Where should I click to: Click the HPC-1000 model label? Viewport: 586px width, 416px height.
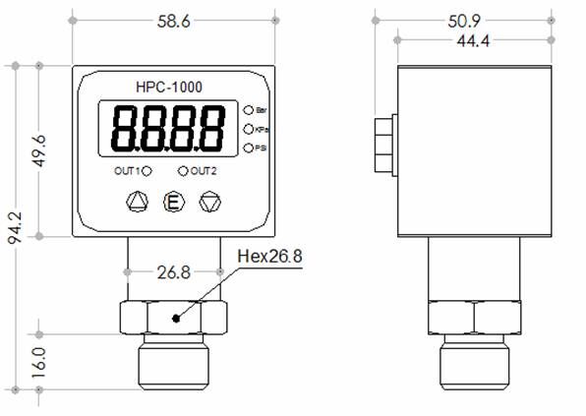(171, 88)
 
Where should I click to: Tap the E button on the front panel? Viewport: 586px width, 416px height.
(173, 204)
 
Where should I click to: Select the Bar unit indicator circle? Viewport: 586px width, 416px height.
(248, 110)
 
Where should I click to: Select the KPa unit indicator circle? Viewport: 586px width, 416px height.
(248, 128)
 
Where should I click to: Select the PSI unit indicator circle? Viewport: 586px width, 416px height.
(248, 147)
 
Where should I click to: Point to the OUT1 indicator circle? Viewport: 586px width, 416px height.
(146, 170)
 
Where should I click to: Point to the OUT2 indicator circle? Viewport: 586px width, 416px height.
(183, 170)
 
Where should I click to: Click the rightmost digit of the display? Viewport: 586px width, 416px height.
(209, 129)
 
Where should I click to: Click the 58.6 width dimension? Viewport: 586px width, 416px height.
(172, 22)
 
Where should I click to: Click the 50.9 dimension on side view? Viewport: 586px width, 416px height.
(473, 22)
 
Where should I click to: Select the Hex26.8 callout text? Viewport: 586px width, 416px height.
(268, 258)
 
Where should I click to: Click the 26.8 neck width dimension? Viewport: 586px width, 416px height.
(173, 271)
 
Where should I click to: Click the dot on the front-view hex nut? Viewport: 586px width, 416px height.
(175, 318)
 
